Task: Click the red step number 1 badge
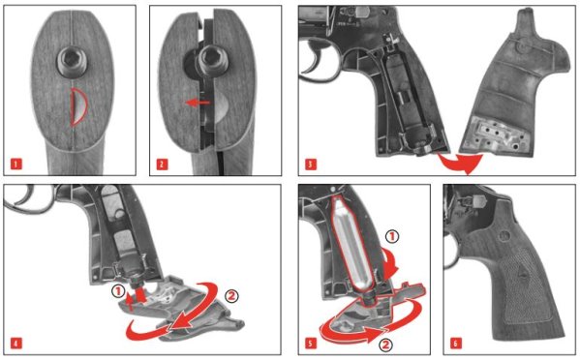click(x=15, y=164)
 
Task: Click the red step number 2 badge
click(x=162, y=164)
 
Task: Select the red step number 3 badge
click(x=311, y=164)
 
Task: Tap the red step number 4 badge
click(x=15, y=343)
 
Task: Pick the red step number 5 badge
click(x=311, y=343)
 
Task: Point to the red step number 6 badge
click(x=455, y=343)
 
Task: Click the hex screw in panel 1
click(x=72, y=62)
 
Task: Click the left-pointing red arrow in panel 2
click(x=198, y=103)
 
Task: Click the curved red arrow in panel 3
click(x=462, y=163)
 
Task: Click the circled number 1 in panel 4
click(x=118, y=292)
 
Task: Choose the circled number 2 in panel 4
click(x=231, y=296)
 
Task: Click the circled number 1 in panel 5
click(x=392, y=236)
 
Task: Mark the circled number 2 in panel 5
click(x=385, y=345)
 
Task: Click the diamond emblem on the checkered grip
click(x=524, y=273)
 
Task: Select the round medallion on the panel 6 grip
click(x=504, y=235)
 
